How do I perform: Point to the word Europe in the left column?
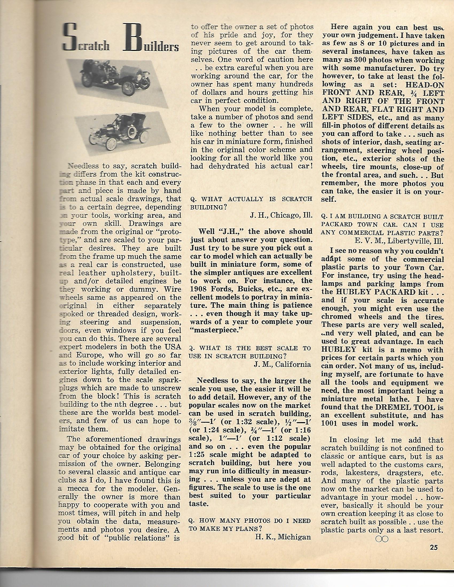click(88, 355)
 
